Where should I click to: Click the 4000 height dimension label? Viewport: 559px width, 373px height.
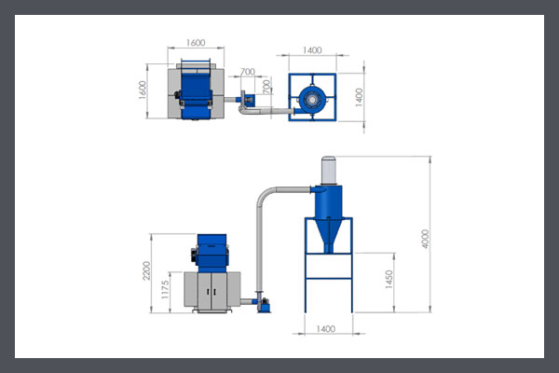[x=425, y=239]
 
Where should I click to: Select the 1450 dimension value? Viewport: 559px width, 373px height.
[x=389, y=279]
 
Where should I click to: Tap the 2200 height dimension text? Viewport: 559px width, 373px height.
[x=146, y=270]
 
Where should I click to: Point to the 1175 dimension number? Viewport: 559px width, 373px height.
[x=165, y=289]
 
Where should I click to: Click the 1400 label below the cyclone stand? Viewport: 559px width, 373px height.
[x=326, y=329]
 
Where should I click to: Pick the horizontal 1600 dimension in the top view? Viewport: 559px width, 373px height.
[x=196, y=43]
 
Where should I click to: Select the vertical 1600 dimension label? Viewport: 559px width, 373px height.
[x=143, y=90]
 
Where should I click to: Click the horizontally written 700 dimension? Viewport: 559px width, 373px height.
[x=248, y=72]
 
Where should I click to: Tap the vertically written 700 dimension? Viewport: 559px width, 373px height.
[x=266, y=87]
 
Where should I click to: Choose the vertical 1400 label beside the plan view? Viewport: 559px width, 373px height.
[x=359, y=97]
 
